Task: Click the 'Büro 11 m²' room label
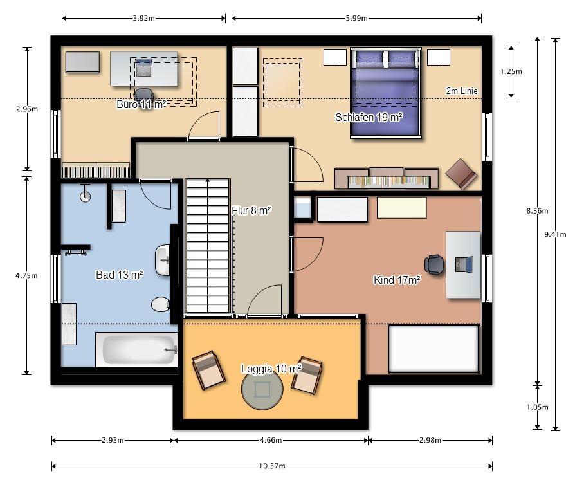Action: tap(141, 104)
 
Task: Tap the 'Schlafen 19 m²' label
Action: tap(369, 117)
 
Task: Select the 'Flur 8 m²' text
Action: tap(251, 210)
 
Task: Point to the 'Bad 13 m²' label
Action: tap(120, 275)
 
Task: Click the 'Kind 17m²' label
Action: tap(397, 280)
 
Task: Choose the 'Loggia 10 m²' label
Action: tap(271, 369)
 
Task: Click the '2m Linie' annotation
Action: tap(462, 91)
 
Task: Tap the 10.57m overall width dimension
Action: tap(272, 466)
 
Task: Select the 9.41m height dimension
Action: tap(555, 234)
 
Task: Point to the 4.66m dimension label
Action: tap(271, 440)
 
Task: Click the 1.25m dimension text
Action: tap(511, 71)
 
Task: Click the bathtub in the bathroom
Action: tap(137, 350)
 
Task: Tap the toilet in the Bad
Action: tap(161, 304)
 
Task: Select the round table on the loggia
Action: tap(262, 389)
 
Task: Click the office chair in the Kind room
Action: tap(434, 264)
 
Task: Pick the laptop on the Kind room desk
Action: tap(464, 264)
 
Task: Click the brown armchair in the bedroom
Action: tap(461, 174)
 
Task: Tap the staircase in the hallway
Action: tap(208, 246)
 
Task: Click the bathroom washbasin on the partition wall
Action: tap(163, 260)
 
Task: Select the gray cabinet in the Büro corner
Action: tap(82, 62)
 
